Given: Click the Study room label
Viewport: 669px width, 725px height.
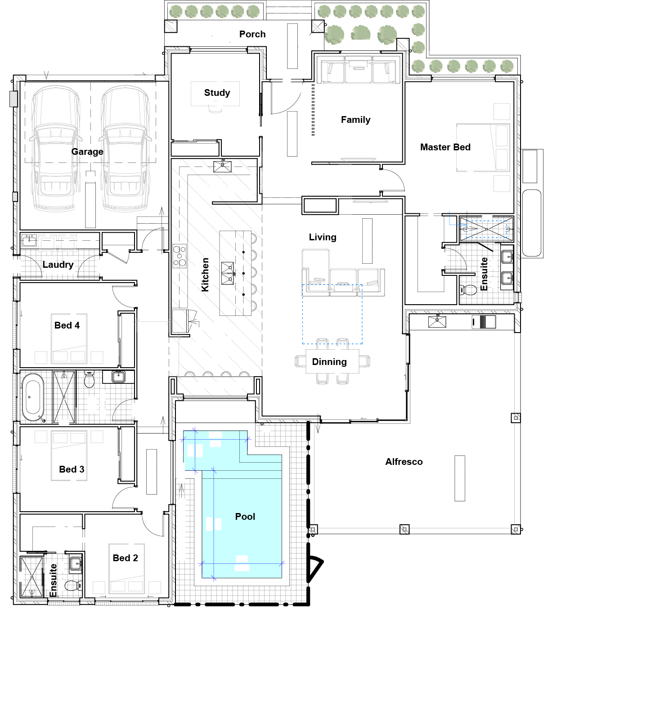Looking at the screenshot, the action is tap(217, 93).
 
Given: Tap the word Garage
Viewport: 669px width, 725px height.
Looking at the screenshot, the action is tap(87, 152).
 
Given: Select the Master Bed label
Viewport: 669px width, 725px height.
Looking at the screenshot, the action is tap(445, 147).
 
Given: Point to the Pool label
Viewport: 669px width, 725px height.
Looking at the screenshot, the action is tap(245, 517).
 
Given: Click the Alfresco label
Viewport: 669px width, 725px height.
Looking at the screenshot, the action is tap(404, 462).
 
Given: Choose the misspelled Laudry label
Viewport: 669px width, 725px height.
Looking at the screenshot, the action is tap(58, 265).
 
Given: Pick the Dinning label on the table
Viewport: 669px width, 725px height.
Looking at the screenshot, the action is tap(329, 362).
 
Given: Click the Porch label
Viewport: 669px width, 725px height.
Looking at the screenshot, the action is tap(252, 34).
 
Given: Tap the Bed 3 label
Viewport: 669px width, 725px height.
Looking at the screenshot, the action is tap(72, 469).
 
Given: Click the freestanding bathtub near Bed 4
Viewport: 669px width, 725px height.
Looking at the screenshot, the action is tap(33, 397).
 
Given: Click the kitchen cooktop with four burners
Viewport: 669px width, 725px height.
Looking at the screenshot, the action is tap(180, 256).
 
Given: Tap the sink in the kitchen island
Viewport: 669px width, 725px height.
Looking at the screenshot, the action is tap(228, 274).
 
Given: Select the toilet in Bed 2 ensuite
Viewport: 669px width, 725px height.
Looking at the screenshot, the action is tap(73, 585).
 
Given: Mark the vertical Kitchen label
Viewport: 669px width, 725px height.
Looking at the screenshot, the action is tap(205, 275).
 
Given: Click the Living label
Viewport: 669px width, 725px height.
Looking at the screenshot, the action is tap(323, 237).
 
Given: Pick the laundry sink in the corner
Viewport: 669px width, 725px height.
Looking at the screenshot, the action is tap(29, 240).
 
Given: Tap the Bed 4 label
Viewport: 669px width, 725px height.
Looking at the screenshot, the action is tap(67, 325).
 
